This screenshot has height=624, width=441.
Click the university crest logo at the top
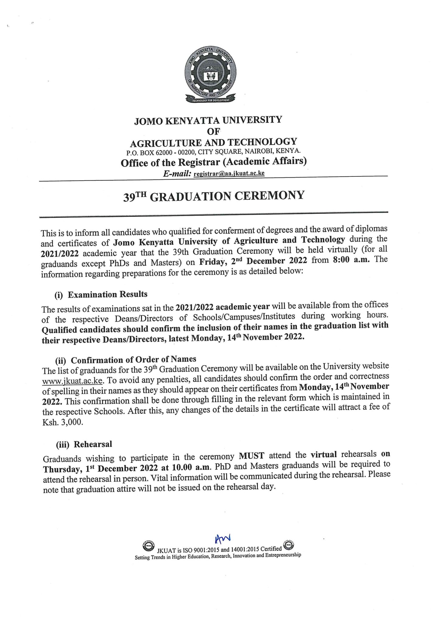(x=210, y=76)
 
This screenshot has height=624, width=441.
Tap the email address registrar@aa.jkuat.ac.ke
(x=229, y=173)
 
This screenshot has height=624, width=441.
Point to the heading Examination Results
(x=107, y=294)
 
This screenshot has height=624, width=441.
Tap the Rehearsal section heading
(x=93, y=444)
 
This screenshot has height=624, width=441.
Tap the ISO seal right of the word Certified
(x=288, y=544)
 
